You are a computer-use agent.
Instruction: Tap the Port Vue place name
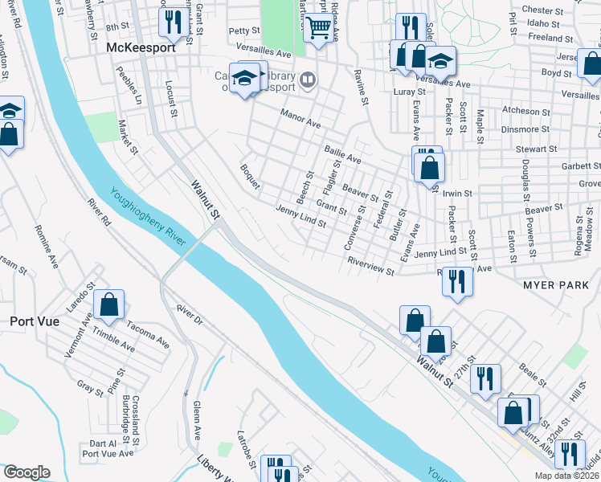(x=31, y=321)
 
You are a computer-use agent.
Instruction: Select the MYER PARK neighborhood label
(x=556, y=285)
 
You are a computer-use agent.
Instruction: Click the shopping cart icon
(x=319, y=29)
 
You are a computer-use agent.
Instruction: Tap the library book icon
(x=306, y=80)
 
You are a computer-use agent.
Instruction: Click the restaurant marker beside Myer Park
(x=457, y=281)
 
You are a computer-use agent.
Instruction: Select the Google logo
(x=27, y=472)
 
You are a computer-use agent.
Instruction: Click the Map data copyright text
(x=566, y=476)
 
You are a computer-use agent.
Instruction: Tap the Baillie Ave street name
(x=343, y=150)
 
